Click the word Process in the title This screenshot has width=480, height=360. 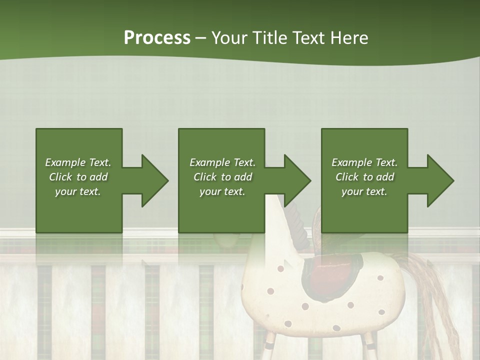coord(157,38)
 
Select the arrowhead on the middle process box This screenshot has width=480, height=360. coord(296,180)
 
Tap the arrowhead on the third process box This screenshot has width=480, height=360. coord(439,180)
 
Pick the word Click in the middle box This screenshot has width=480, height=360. coord(204,177)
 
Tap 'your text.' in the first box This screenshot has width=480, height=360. coord(78,191)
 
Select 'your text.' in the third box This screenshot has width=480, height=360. coord(364,191)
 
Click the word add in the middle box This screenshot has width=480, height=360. coord(242,177)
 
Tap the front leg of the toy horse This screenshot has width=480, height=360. coord(270,345)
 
